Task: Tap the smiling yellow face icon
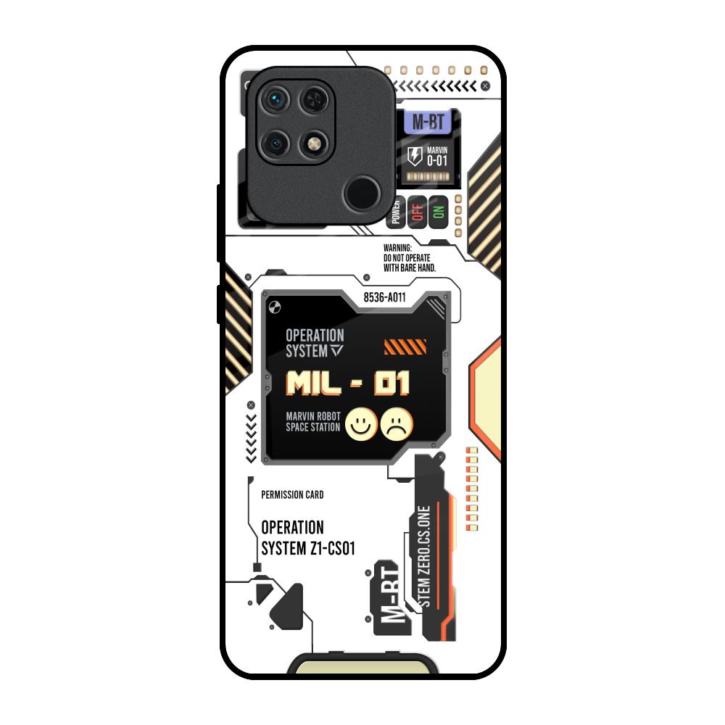361,424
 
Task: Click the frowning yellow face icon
397,424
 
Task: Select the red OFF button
417,212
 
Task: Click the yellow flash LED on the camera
314,144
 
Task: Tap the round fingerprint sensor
362,193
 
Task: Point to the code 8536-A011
384,297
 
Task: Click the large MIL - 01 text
348,384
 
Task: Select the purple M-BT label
428,122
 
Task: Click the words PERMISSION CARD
292,494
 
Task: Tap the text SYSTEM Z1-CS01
308,548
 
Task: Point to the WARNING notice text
410,258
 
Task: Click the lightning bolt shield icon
415,157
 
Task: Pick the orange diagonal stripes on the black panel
405,347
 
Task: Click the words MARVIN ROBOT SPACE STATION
313,422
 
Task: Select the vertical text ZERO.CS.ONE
424,546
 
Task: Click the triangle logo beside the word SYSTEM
336,350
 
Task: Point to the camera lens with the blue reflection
275,99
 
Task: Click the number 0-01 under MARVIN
437,160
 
